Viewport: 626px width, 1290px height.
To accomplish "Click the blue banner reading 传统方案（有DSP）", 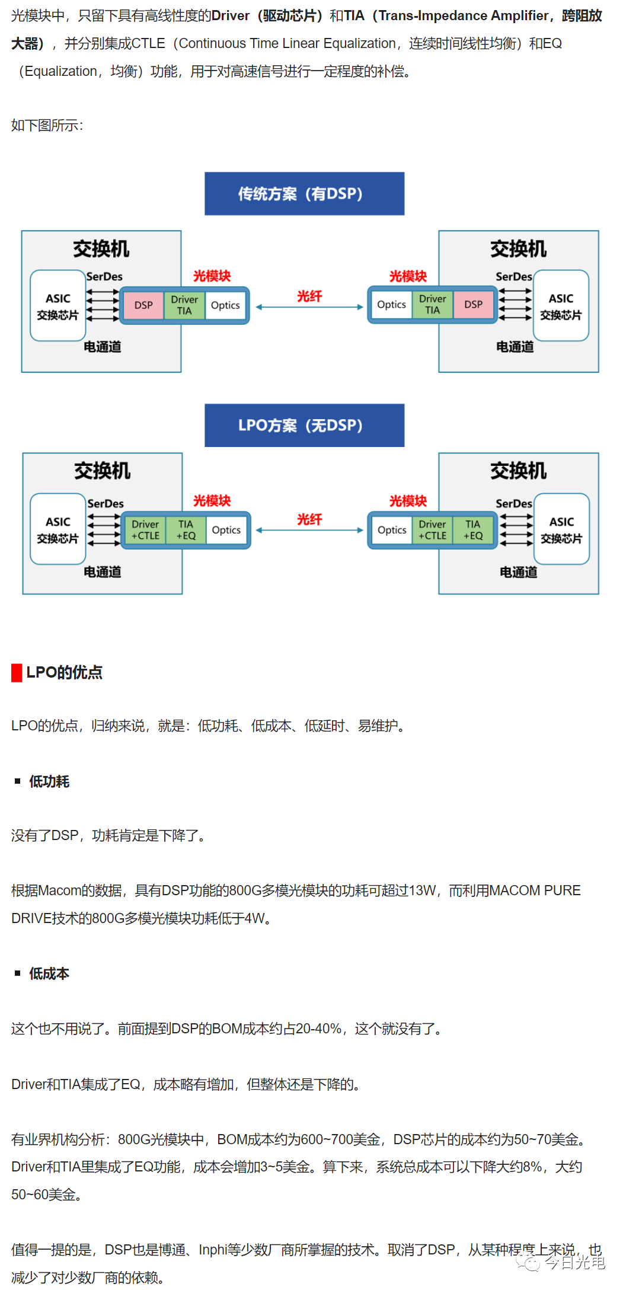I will click(x=304, y=194).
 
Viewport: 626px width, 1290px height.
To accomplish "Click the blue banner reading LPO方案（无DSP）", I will click(x=304, y=425).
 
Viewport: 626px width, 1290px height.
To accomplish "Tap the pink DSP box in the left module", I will click(x=143, y=305).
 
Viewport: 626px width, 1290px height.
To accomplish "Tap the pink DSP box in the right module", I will click(x=473, y=305).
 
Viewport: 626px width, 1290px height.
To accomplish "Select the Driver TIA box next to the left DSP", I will click(x=184, y=305).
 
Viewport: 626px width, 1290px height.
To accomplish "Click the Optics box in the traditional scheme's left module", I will click(x=225, y=305).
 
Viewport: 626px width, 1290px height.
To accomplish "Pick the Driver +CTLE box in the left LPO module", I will click(x=145, y=530).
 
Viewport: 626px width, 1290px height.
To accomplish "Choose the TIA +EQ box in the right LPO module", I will click(x=472, y=530).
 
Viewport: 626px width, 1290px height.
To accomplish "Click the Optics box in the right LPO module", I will click(x=392, y=530).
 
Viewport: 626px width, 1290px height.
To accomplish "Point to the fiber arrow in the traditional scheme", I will click(x=309, y=307).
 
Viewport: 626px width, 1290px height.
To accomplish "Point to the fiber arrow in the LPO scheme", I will click(x=309, y=530).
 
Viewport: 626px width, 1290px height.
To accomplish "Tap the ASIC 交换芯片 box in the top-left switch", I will click(x=58, y=306).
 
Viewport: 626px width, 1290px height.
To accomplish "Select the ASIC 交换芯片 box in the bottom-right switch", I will click(x=561, y=529).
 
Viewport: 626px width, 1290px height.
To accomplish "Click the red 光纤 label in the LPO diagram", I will click(x=309, y=519).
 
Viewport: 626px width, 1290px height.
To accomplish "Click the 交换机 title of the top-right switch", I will click(x=518, y=248).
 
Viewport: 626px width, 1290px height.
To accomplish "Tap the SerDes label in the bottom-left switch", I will click(x=106, y=503).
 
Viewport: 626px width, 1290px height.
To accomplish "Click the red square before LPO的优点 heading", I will click(x=17, y=673).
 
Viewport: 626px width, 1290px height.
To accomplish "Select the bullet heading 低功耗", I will click(x=49, y=781).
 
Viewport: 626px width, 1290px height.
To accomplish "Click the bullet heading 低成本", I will click(x=49, y=973).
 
